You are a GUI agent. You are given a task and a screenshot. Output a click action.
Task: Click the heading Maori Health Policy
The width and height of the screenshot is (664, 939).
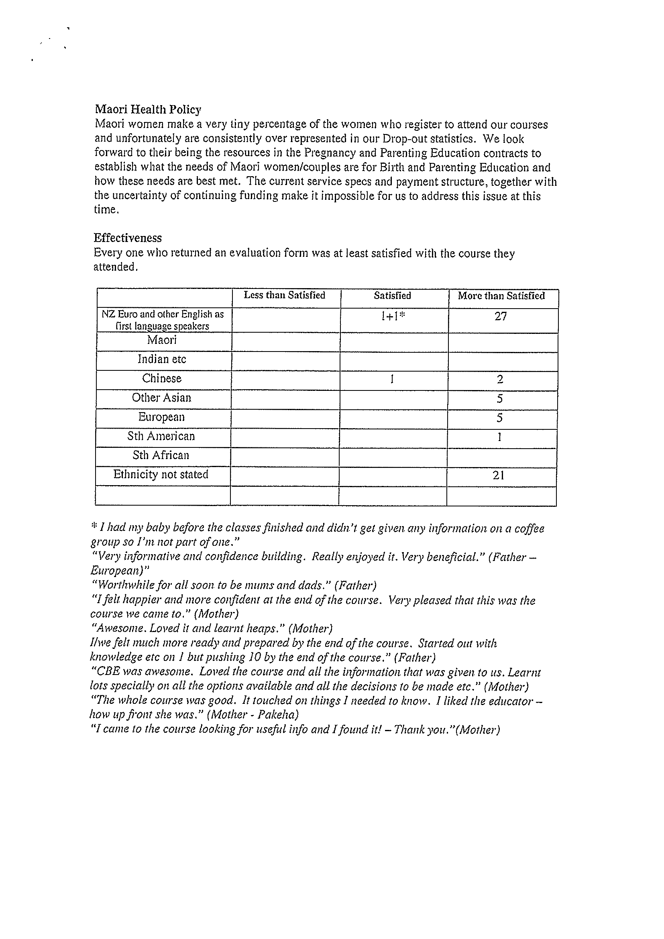pyautogui.click(x=148, y=110)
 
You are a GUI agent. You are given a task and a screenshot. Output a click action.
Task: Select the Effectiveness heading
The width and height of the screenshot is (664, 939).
pyautogui.click(x=128, y=238)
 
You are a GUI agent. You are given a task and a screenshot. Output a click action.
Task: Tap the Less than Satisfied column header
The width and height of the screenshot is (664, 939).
pyautogui.click(x=284, y=295)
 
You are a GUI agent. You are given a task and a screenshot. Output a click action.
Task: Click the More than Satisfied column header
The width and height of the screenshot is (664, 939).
pyautogui.click(x=501, y=296)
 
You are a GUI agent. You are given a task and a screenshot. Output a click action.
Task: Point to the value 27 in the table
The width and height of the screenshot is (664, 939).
pyautogui.click(x=500, y=317)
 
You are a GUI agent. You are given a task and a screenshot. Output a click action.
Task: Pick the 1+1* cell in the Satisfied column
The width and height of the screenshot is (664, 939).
pyautogui.click(x=392, y=317)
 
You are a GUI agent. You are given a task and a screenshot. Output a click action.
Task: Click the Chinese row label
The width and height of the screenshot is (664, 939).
pyautogui.click(x=162, y=378)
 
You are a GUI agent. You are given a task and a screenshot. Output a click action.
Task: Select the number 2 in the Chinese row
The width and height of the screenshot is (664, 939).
pyautogui.click(x=500, y=380)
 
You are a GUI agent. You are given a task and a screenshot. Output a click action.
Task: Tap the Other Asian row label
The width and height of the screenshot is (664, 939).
pyautogui.click(x=161, y=398)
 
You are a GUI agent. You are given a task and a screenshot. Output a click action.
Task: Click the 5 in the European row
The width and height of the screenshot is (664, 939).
pyautogui.click(x=499, y=418)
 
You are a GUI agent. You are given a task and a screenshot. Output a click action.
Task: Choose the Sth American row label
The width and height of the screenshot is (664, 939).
pyautogui.click(x=161, y=436)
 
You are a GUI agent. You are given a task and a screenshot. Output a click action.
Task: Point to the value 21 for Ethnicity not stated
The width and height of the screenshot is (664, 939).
pyautogui.click(x=498, y=475)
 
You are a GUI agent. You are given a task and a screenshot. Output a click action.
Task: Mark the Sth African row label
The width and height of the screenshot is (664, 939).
pyautogui.click(x=161, y=455)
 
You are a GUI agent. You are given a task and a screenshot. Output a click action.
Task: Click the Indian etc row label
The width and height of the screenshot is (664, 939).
pyautogui.click(x=162, y=359)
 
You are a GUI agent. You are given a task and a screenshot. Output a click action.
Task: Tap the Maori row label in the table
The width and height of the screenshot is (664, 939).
pyautogui.click(x=162, y=340)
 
